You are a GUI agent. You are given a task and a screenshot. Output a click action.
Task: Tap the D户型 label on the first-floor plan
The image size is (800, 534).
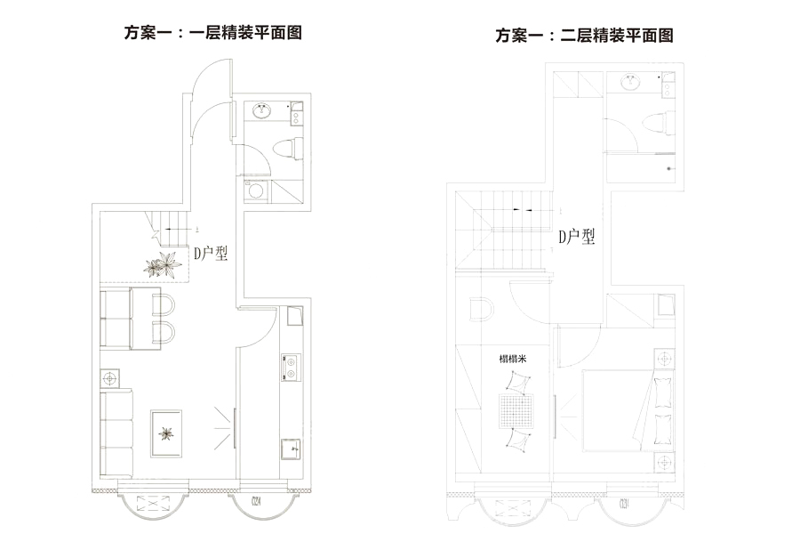tap(212, 254)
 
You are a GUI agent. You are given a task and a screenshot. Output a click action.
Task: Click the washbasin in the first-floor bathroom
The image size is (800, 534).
tap(263, 112)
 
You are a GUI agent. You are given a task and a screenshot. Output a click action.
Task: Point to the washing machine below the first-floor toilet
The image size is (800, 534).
tap(255, 190)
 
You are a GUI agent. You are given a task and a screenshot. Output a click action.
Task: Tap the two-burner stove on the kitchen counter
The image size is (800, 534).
tap(290, 368)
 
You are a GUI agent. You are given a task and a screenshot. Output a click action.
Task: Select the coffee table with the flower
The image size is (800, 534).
tap(166, 433)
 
